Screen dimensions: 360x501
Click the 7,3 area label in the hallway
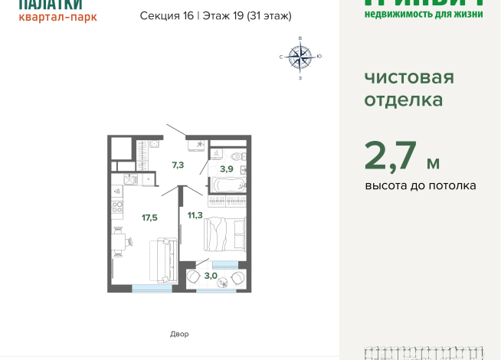click(178, 165)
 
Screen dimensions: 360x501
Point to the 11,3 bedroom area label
click(195, 215)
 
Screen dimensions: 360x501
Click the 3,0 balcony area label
click(211, 275)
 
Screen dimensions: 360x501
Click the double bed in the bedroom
click(224, 233)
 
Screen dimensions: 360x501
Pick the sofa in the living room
click(163, 260)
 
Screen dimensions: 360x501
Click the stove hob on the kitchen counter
click(117, 206)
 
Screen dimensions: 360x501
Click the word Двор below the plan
click(179, 334)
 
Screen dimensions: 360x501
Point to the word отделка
click(402, 100)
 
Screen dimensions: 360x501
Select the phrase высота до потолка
click(421, 185)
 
